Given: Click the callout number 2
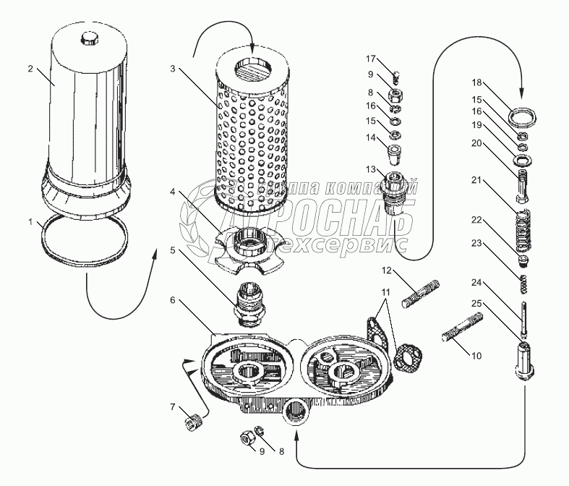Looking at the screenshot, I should point(30,69).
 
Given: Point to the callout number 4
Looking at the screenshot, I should point(172,192).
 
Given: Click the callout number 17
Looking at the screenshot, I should point(370,58).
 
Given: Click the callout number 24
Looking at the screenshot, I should point(476,283).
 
